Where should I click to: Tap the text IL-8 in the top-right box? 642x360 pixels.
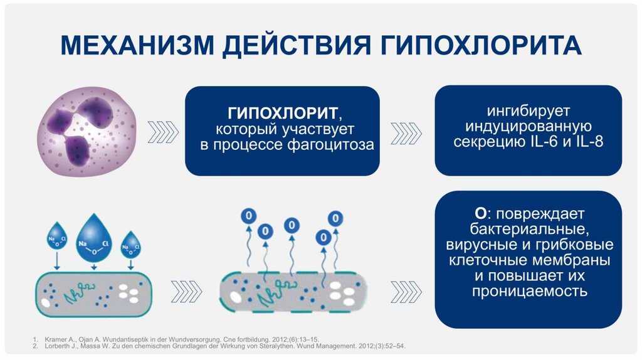[x=591, y=142]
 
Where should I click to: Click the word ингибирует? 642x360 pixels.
[x=528, y=112]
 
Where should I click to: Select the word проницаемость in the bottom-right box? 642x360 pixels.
[x=528, y=291]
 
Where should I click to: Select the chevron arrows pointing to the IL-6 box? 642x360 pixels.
[x=406, y=130]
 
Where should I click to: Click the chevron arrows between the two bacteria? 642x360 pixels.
[x=187, y=290]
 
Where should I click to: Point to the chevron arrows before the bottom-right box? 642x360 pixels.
[x=406, y=290]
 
